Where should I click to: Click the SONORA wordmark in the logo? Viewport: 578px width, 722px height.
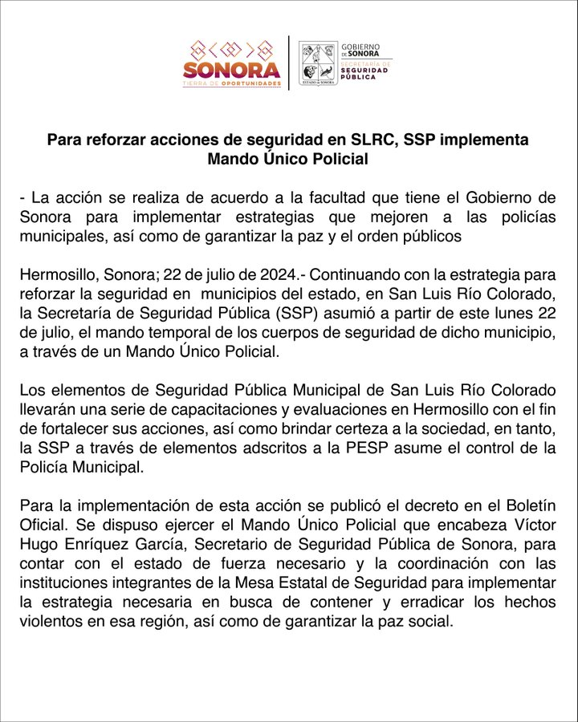(232, 70)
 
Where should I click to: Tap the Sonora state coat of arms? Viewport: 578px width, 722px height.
(318, 63)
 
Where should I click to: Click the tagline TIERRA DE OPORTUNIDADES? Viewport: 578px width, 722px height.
(232, 83)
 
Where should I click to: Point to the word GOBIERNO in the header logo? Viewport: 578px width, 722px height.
(360, 47)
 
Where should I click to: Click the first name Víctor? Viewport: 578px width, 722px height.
(535, 525)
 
